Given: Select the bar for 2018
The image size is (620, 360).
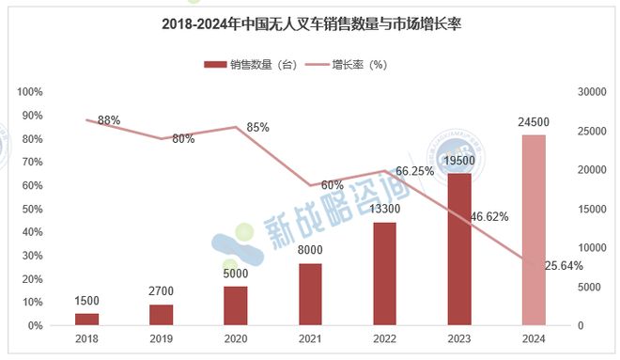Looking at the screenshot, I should (x=86, y=320).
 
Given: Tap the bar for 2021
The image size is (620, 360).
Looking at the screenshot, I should (x=310, y=294).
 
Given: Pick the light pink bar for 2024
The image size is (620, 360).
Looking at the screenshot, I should (x=533, y=230).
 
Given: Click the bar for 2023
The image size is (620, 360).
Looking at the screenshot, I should (x=458, y=249).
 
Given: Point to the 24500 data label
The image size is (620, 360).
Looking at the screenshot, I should (x=533, y=123).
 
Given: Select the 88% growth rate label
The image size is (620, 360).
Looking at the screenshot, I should (x=109, y=120).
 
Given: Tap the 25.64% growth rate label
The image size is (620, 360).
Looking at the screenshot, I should (x=561, y=266).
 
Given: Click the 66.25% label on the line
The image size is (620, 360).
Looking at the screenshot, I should (x=414, y=172).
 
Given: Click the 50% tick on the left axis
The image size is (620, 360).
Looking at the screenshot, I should (x=34, y=209).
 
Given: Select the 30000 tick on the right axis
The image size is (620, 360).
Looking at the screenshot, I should (x=589, y=92).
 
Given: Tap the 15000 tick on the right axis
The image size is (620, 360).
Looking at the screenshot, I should (x=589, y=209).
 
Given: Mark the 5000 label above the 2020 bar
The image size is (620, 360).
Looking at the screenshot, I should (x=235, y=274).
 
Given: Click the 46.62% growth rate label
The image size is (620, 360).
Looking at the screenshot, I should (x=489, y=217).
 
